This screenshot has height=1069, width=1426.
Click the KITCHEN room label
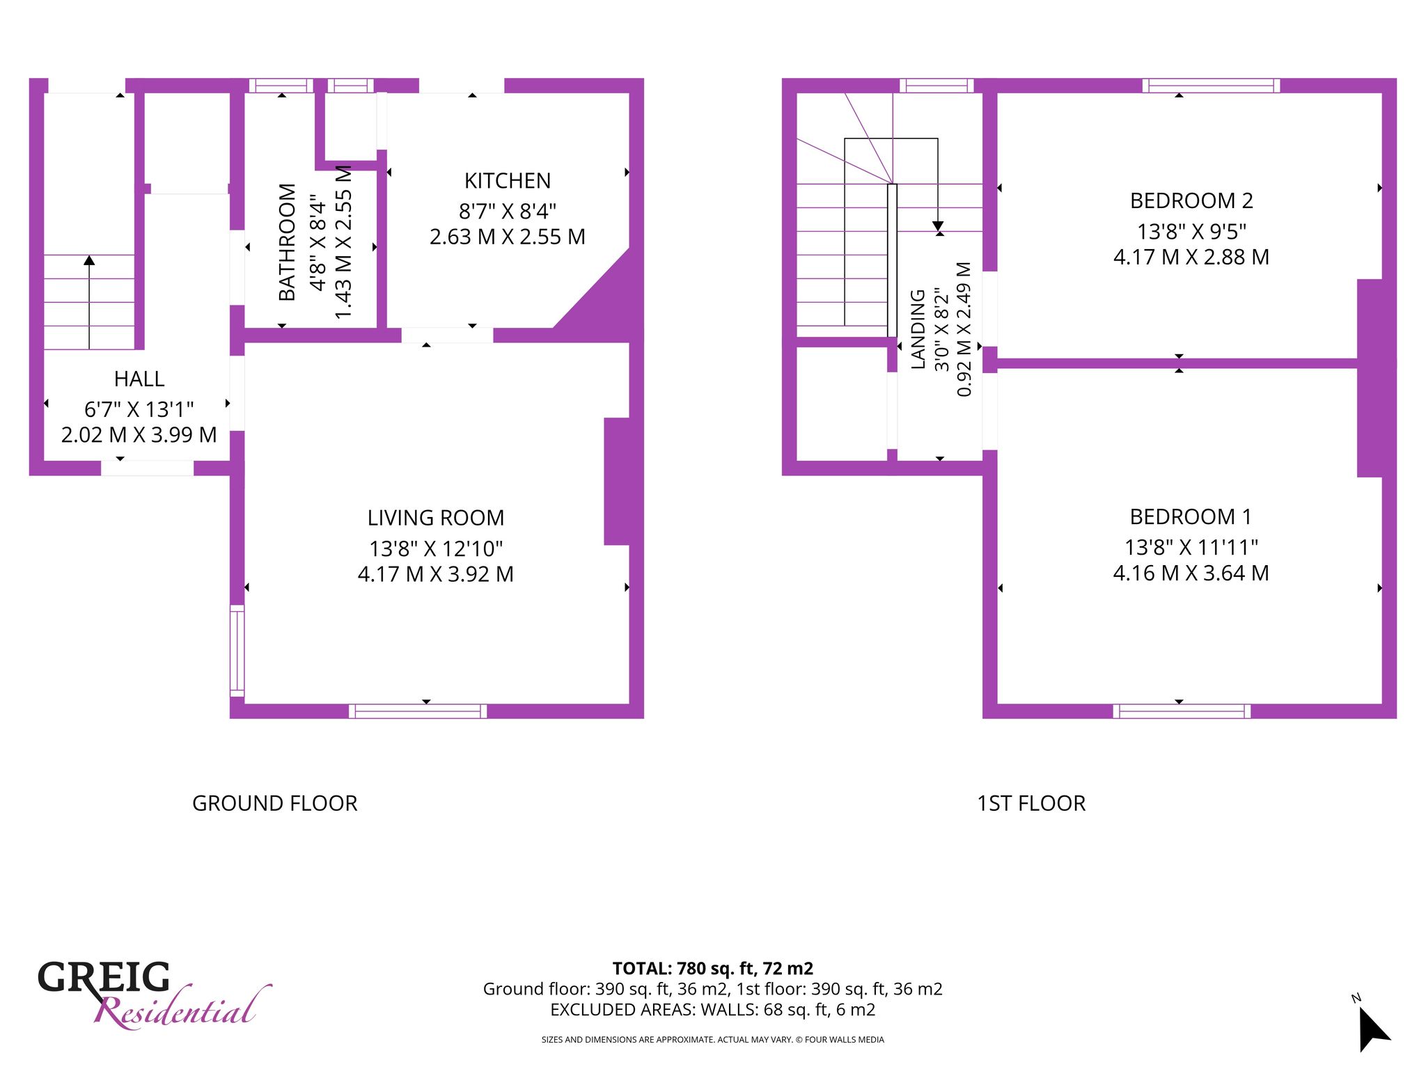point(508,181)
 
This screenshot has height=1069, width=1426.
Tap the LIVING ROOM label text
point(436,518)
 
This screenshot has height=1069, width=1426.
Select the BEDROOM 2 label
point(1191,201)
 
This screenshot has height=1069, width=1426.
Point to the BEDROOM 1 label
point(1191,517)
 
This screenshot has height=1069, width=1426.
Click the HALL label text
point(139,379)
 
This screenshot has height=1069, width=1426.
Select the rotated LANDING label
point(918,329)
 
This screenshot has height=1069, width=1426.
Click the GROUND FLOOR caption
point(275,804)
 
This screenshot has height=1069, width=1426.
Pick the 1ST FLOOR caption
point(1031,804)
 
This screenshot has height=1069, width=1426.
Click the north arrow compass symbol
point(1372,1027)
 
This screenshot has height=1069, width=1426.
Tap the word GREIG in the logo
point(104,977)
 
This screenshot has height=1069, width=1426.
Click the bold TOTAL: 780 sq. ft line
point(713,969)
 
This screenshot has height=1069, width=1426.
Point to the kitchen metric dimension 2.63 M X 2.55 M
point(508,237)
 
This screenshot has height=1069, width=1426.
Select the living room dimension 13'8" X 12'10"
point(436,549)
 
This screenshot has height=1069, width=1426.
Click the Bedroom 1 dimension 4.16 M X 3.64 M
point(1191,573)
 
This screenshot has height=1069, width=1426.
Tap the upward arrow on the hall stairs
point(89,302)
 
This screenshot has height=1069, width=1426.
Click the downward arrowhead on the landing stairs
point(938,226)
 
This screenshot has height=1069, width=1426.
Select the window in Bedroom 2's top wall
point(1211,86)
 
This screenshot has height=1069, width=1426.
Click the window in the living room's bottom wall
point(418,711)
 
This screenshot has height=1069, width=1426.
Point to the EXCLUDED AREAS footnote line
point(713,1010)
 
